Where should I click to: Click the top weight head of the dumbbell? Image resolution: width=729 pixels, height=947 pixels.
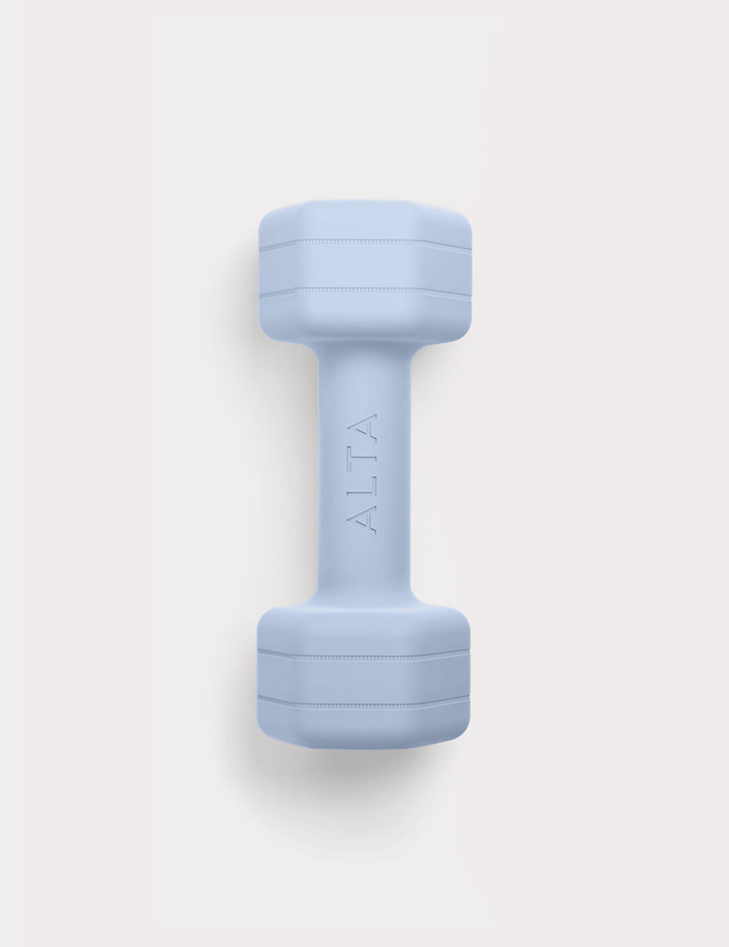[x=365, y=270]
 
